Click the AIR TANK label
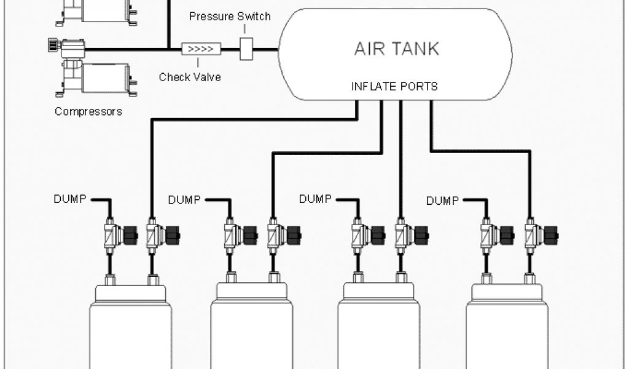click(x=396, y=49)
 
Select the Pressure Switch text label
click(x=230, y=17)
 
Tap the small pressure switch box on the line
click(x=246, y=49)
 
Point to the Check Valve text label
click(x=189, y=77)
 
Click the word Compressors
click(x=88, y=112)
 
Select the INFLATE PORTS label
click(x=394, y=86)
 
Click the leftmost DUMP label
click(x=70, y=199)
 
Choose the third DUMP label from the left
click(x=316, y=199)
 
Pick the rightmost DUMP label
click(x=442, y=200)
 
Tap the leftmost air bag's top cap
click(x=130, y=293)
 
